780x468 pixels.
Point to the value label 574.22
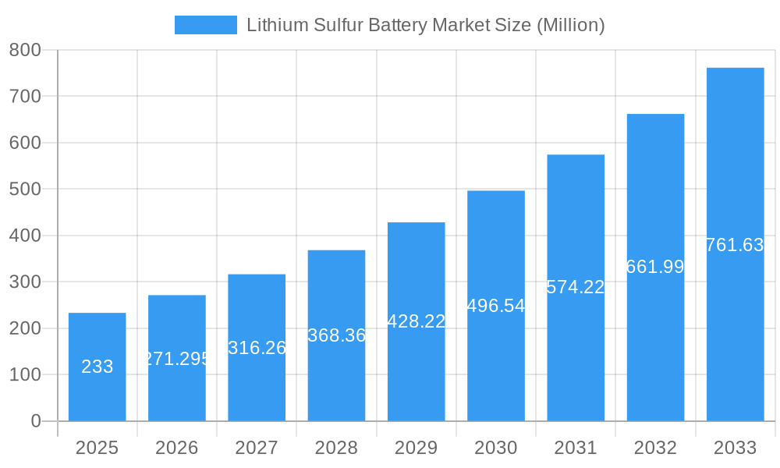click(576, 287)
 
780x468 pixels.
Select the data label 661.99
click(655, 267)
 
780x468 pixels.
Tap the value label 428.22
click(417, 321)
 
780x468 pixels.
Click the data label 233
click(97, 367)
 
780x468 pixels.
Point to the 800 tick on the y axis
click(25, 50)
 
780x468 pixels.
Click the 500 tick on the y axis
click(25, 190)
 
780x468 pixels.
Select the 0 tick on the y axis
click(36, 421)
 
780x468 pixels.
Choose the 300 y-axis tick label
click(25, 282)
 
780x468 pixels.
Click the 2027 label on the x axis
click(257, 448)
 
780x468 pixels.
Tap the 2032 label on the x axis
click(655, 448)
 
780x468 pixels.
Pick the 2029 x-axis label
click(417, 448)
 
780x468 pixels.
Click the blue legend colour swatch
click(206, 25)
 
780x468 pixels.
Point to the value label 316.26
click(257, 348)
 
